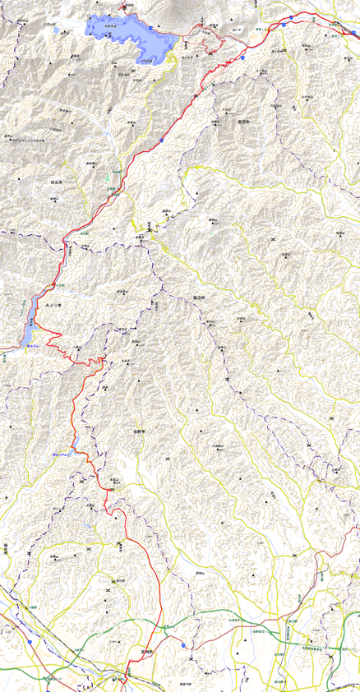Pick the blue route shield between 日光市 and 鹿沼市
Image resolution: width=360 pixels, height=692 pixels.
tap(162, 140)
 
